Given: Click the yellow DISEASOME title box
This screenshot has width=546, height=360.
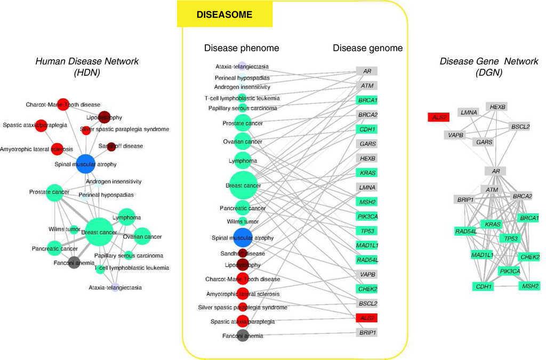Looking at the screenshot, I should pos(224,14).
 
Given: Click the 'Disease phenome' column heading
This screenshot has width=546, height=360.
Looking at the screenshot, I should pos(242,48).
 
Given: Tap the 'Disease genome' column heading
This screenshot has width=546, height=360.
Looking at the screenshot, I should pos(367,48).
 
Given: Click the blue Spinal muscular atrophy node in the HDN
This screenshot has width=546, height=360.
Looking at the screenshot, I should pos(85,164).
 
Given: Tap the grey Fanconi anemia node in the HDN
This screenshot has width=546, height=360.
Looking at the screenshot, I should pos(74,262).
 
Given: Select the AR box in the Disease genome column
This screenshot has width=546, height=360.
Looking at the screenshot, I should pos(367,71).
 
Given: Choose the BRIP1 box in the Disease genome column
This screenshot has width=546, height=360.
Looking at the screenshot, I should pos(367,332).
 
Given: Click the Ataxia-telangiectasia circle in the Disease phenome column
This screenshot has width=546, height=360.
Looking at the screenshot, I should pos(242,67).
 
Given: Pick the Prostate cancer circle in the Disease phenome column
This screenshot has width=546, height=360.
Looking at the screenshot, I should pos(243,123).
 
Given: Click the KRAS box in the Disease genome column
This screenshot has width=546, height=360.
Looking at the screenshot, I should pos(367,173).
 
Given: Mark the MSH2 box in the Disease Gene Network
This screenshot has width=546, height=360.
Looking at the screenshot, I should pos(529,286).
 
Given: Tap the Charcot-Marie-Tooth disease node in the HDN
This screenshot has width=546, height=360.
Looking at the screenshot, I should pos(63,105).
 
